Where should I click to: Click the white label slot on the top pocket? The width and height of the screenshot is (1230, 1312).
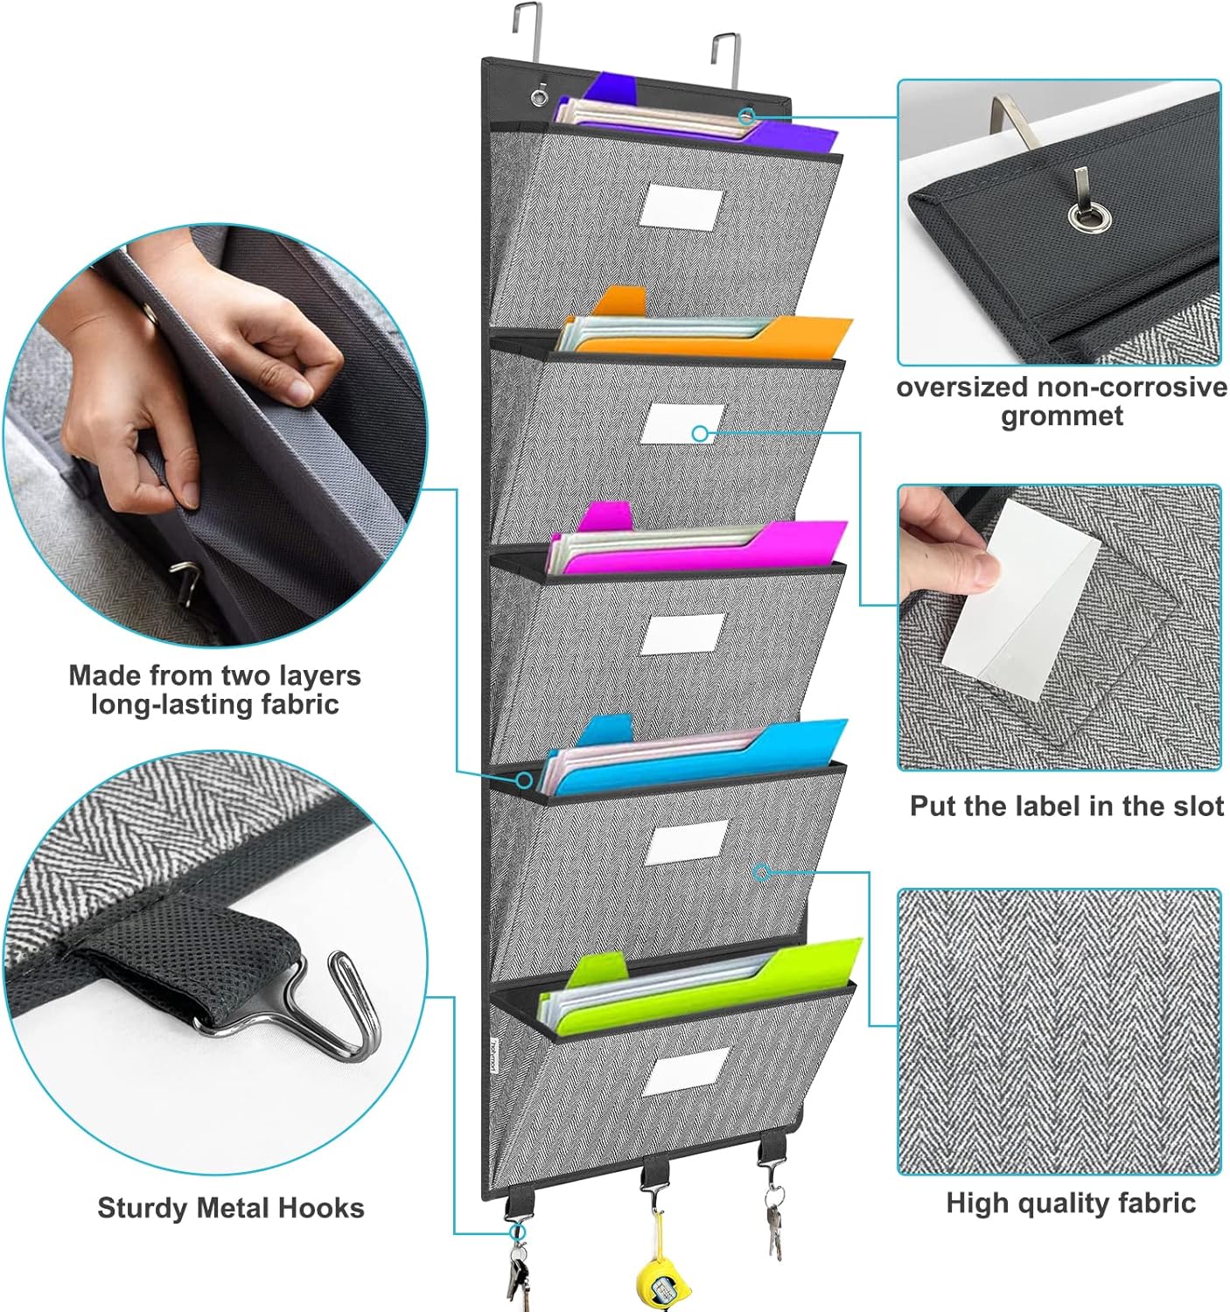tap(682, 208)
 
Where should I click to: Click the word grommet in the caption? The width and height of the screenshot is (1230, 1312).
tap(1061, 416)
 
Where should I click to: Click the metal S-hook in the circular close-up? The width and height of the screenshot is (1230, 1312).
tap(350, 1006)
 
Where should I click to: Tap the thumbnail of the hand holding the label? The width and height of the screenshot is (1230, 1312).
tap(1059, 627)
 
